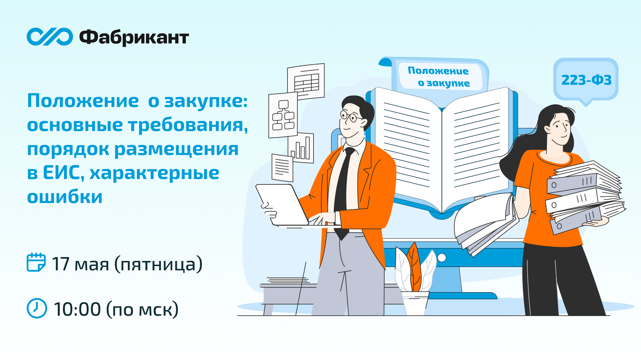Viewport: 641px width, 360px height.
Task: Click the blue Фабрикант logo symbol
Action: [x=50, y=37]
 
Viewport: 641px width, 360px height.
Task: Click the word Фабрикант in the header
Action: [x=134, y=37]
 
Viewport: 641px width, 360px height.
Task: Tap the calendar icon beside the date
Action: [x=36, y=262]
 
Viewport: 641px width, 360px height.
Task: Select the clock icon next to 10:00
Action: [x=37, y=308]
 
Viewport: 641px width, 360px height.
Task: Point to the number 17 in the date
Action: [x=60, y=264]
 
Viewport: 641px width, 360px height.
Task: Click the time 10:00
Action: [x=77, y=309]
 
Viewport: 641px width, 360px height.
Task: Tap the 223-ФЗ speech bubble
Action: [x=586, y=80]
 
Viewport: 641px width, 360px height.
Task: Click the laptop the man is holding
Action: [x=282, y=205]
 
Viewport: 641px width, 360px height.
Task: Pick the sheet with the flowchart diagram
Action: [x=283, y=115]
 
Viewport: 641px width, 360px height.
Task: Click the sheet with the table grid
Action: [x=306, y=81]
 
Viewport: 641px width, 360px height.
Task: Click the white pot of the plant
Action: [x=415, y=303]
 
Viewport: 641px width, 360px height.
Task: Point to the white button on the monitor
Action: [x=442, y=258]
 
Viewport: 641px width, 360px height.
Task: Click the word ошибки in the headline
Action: [x=65, y=197]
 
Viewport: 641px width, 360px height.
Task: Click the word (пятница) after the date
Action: [x=158, y=264]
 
